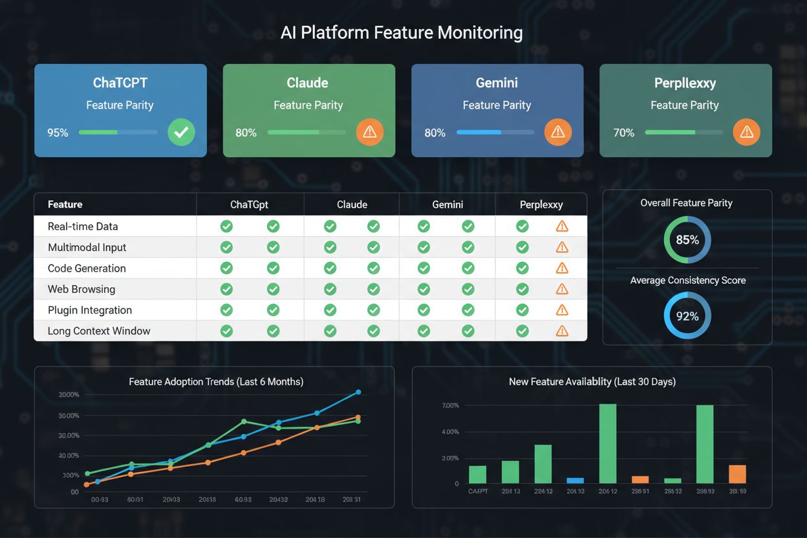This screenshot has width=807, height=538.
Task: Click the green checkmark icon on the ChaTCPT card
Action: [x=181, y=132]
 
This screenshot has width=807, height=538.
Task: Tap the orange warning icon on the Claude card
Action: [x=370, y=132]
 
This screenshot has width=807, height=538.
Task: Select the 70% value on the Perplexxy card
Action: [x=624, y=133]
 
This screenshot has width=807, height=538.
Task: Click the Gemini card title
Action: [x=497, y=83]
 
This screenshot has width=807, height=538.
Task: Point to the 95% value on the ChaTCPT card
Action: [x=58, y=133]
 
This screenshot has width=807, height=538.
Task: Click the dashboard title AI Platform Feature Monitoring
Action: [x=402, y=32]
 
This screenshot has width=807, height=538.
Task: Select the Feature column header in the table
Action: [x=65, y=204]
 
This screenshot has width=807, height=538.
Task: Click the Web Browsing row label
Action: [x=81, y=289]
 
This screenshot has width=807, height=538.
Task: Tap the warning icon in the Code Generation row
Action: [x=562, y=268]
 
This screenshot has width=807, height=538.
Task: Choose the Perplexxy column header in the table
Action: [x=541, y=204]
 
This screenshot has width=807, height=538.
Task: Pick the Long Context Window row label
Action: [x=99, y=331]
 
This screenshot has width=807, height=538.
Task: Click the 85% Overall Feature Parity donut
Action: [x=687, y=240]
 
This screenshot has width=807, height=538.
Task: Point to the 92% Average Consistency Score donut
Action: [x=687, y=316]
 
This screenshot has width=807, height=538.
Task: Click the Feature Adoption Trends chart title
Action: [x=216, y=382]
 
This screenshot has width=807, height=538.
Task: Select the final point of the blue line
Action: [x=358, y=392]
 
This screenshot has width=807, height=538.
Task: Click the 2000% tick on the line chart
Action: [x=69, y=394]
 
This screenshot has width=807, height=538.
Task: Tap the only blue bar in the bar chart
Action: [x=575, y=480]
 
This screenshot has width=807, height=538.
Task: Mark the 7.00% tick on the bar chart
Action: [x=450, y=405]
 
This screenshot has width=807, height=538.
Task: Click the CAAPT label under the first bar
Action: [x=477, y=491]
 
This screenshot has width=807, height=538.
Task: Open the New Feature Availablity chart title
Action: [x=592, y=382]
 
